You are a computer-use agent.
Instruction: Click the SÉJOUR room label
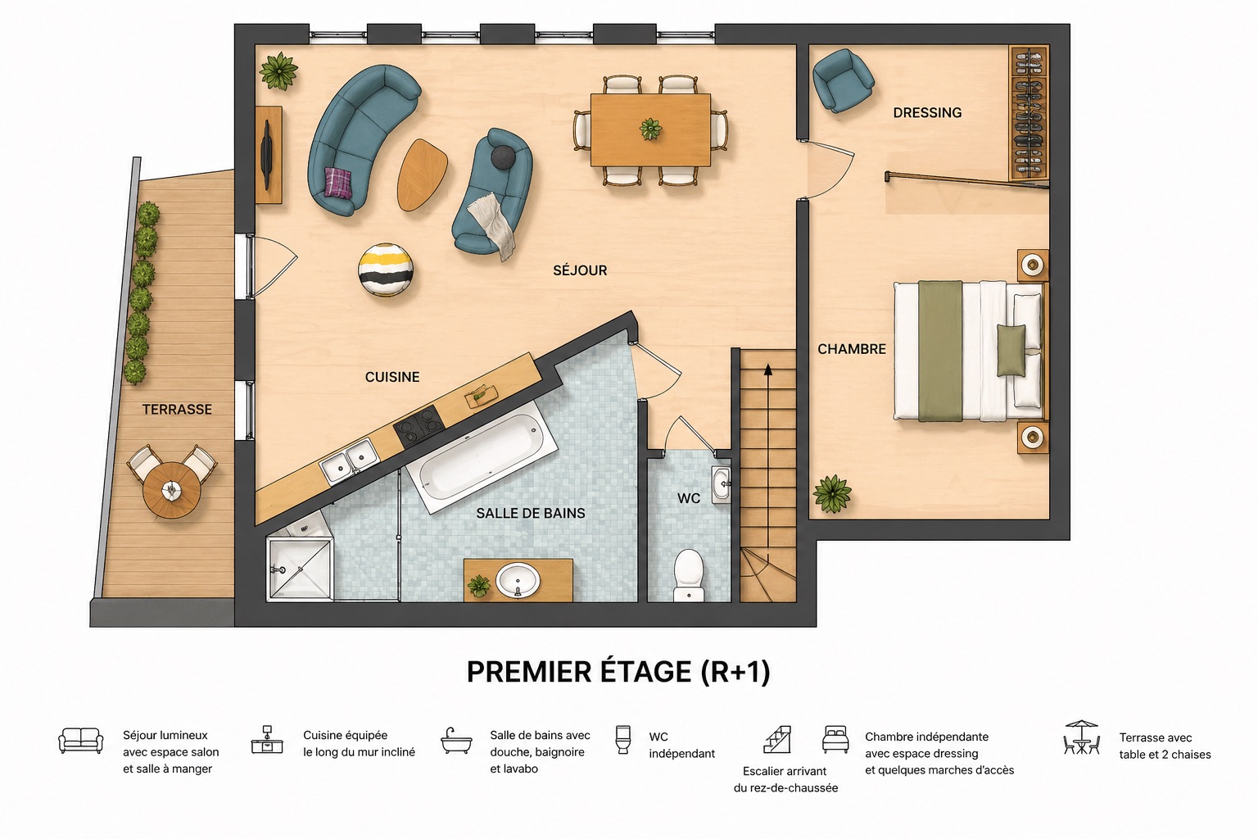[x=580, y=270]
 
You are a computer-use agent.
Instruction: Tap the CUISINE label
[x=392, y=377]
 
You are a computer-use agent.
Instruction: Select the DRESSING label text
[x=927, y=113]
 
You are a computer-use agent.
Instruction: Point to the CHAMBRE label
[x=852, y=349]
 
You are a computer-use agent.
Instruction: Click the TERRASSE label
[x=177, y=409]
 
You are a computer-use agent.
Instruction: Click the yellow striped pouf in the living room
[x=385, y=270]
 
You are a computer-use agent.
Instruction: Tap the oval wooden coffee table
[x=423, y=175]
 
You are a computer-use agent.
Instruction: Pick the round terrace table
[x=171, y=490]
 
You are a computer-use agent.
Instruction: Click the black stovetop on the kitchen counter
[x=419, y=427]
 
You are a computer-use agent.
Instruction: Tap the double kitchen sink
[x=348, y=461]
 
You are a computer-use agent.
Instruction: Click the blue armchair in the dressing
[x=842, y=79]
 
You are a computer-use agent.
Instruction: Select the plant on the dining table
[x=651, y=129]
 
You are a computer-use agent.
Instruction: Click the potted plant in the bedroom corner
[x=832, y=494]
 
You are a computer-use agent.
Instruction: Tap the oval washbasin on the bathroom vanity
[x=518, y=581]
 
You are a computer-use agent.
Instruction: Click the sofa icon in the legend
[x=81, y=741]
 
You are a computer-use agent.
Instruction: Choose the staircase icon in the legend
[x=778, y=739]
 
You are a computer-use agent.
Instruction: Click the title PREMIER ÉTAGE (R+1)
[x=618, y=672]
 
